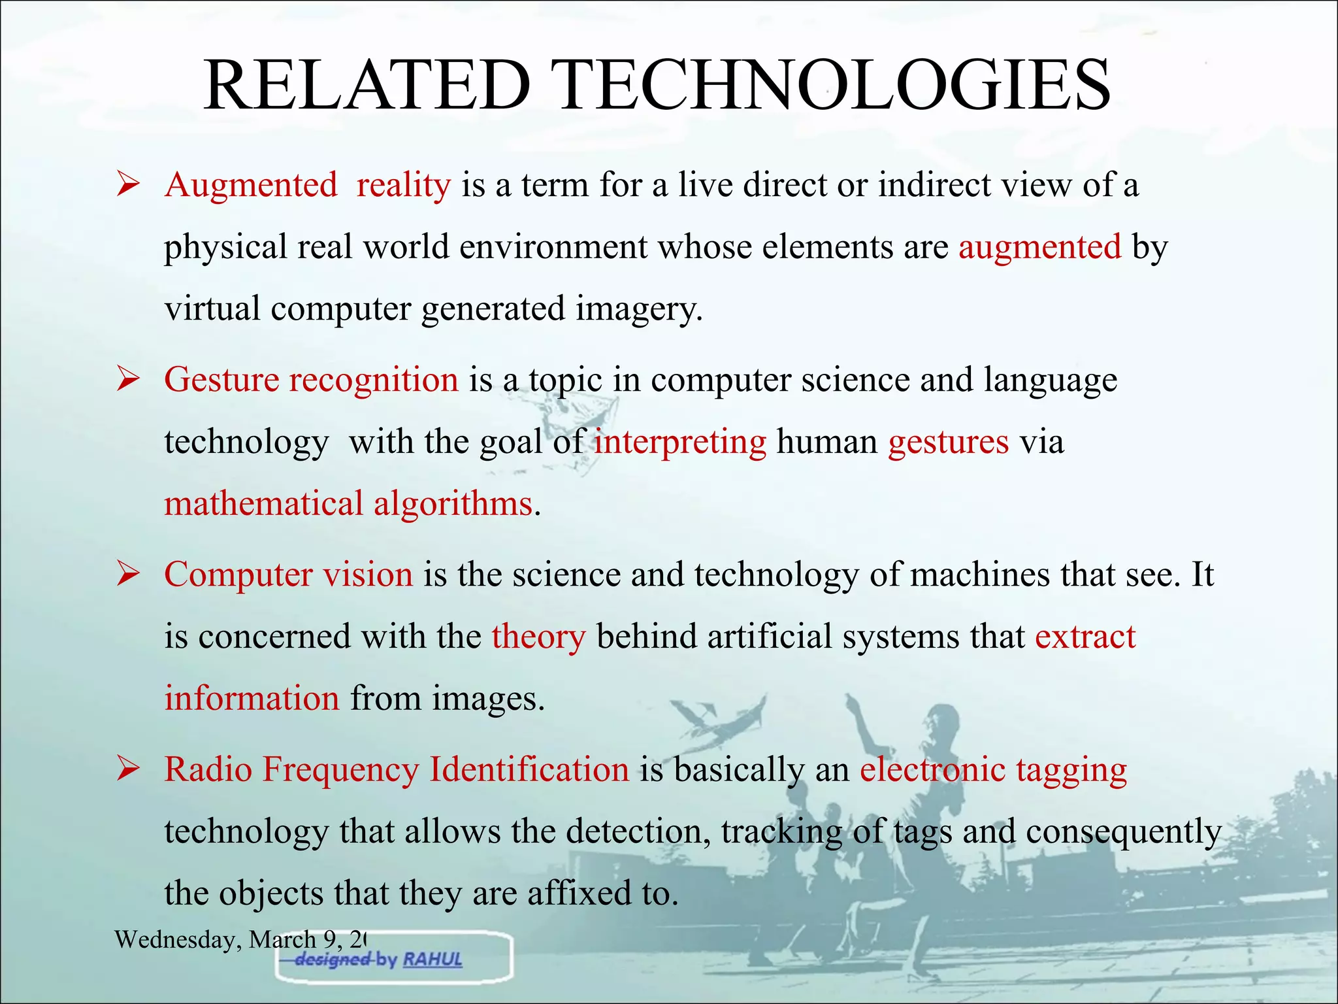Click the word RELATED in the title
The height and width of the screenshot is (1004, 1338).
(x=367, y=85)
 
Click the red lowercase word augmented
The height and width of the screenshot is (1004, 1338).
(x=1039, y=248)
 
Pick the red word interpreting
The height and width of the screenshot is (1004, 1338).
(x=680, y=443)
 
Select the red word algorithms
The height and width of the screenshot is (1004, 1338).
(x=453, y=504)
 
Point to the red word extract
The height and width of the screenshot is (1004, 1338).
(x=1085, y=637)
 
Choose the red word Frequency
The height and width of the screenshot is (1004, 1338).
(x=340, y=769)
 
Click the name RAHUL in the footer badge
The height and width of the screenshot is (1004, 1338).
(x=432, y=960)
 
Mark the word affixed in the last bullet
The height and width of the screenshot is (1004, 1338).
(x=575, y=893)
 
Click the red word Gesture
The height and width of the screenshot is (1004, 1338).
(x=221, y=380)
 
